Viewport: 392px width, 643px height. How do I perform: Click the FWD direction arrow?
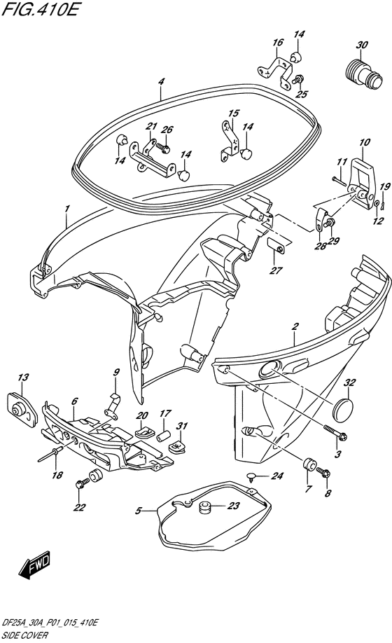pyautogui.click(x=34, y=565)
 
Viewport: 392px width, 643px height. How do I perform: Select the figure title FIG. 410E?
pyautogui.click(x=40, y=9)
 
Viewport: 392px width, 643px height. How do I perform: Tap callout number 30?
pyautogui.click(x=362, y=45)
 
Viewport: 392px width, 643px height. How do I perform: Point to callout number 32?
pyautogui.click(x=349, y=382)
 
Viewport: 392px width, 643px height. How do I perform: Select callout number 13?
pyautogui.click(x=23, y=377)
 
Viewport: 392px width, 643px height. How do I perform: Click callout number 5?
pyautogui.click(x=139, y=511)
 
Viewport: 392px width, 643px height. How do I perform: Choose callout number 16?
pyautogui.click(x=278, y=42)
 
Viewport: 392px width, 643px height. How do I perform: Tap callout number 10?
pyautogui.click(x=364, y=142)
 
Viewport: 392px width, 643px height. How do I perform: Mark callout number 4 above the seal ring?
pyautogui.click(x=162, y=82)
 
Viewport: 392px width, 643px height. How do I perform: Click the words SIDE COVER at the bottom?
pyautogui.click(x=24, y=635)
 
